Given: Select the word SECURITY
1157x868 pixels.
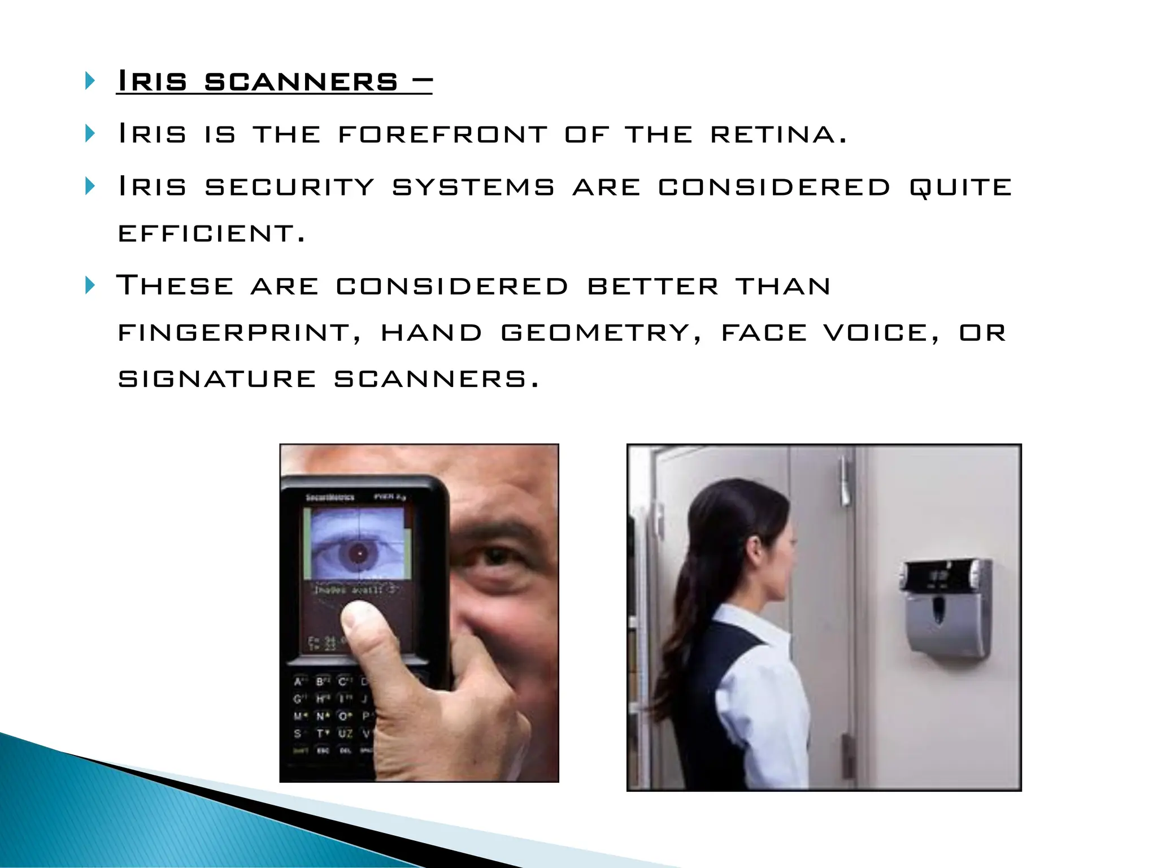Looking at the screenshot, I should point(289,187).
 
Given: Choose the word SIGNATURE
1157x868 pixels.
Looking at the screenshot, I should point(217,379).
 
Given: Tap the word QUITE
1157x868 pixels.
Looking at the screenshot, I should point(960,187).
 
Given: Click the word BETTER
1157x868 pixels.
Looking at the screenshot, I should point(653,286).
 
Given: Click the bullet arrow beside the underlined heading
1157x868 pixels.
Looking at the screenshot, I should point(90,81).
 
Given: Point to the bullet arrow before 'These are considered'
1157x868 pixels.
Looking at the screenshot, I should point(90,285).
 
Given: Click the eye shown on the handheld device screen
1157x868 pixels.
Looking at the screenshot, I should point(358,553).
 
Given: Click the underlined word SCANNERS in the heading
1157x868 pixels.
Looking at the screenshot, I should point(301,82).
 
